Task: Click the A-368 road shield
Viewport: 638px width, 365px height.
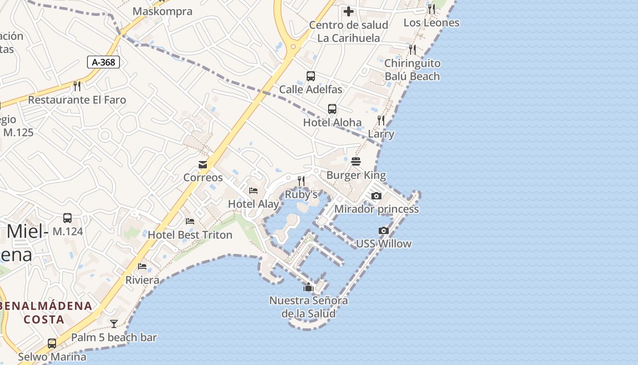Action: click(103, 62)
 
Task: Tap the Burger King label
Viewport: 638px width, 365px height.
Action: click(356, 175)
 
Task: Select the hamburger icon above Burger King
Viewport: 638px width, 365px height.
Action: click(356, 162)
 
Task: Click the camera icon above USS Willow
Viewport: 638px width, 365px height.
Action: click(384, 230)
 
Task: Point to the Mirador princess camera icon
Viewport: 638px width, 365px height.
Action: click(376, 196)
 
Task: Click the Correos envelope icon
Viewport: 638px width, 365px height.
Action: click(203, 164)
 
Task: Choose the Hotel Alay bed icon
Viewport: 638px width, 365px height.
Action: click(253, 191)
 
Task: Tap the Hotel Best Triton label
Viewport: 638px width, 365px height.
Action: click(190, 235)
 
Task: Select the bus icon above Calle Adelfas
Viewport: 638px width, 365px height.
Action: click(311, 76)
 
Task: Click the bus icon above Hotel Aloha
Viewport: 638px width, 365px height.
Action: click(332, 109)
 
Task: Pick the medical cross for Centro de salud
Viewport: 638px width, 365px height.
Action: click(349, 11)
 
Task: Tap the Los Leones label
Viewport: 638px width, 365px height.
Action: click(431, 22)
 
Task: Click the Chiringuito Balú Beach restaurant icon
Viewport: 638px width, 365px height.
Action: click(412, 49)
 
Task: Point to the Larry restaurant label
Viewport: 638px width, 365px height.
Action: click(381, 134)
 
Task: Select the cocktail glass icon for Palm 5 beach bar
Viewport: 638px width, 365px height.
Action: click(114, 324)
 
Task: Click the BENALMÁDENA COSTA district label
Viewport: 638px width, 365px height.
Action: click(46, 312)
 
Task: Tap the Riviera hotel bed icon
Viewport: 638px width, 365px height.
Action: click(142, 266)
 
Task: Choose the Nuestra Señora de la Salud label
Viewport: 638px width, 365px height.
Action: click(309, 307)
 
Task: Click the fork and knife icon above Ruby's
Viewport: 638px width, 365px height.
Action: click(301, 181)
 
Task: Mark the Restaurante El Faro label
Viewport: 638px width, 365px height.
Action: click(77, 100)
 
